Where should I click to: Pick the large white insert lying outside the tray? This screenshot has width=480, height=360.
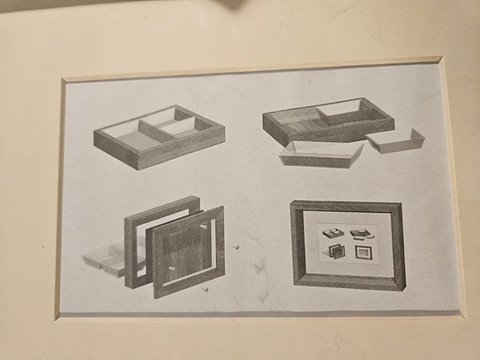coord(322,153)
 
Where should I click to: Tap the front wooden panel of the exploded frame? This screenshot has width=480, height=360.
coord(189,247)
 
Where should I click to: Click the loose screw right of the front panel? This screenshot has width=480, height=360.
coord(236,247)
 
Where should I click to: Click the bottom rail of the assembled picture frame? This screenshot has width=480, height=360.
coord(351,282)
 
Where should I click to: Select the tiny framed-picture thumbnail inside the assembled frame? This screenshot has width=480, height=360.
coord(363,252)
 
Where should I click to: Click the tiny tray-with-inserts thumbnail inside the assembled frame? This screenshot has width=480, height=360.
coord(361,234)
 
